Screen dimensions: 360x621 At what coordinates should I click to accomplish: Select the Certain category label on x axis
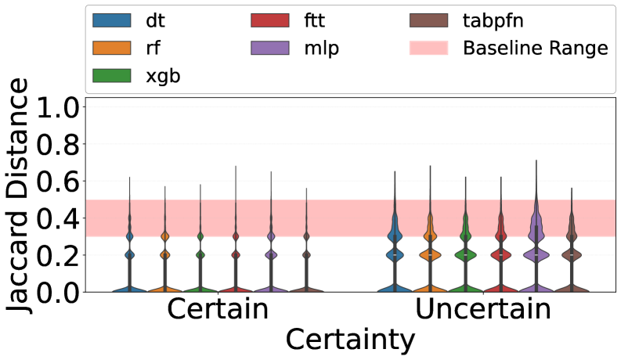click(218, 310)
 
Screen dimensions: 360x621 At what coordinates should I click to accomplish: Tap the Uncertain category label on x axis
click(483, 310)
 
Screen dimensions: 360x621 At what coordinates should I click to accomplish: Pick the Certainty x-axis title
click(349, 340)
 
